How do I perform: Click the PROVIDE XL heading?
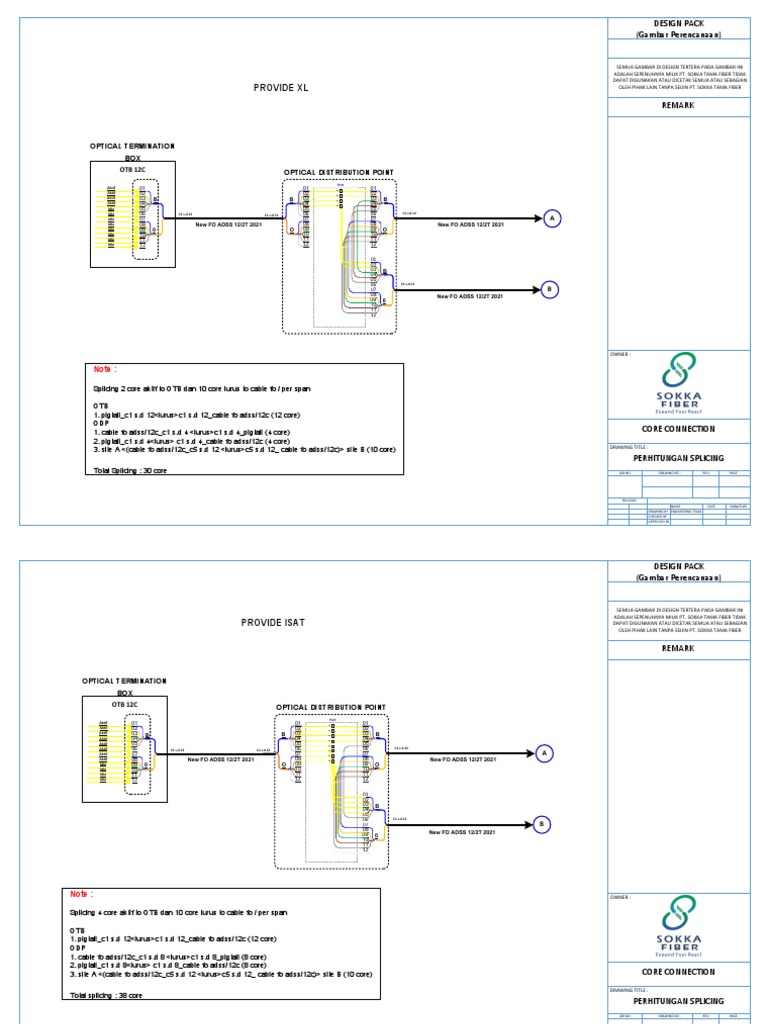tap(281, 88)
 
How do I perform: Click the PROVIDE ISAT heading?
tap(273, 623)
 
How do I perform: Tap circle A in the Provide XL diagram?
tap(551, 219)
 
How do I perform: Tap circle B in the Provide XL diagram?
tap(549, 290)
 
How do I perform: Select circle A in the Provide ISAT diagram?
tap(544, 753)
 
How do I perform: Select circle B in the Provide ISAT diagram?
tap(542, 824)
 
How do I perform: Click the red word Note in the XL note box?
tap(105, 369)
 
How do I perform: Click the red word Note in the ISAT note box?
tap(81, 894)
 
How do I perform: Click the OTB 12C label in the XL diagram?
tap(133, 170)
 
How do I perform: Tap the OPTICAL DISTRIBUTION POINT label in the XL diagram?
tap(339, 172)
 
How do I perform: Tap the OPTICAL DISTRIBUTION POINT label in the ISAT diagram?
tap(331, 707)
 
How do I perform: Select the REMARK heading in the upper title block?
tap(678, 103)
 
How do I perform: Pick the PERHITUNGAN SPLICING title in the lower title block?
tap(678, 1000)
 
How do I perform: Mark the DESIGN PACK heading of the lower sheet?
tap(678, 566)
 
